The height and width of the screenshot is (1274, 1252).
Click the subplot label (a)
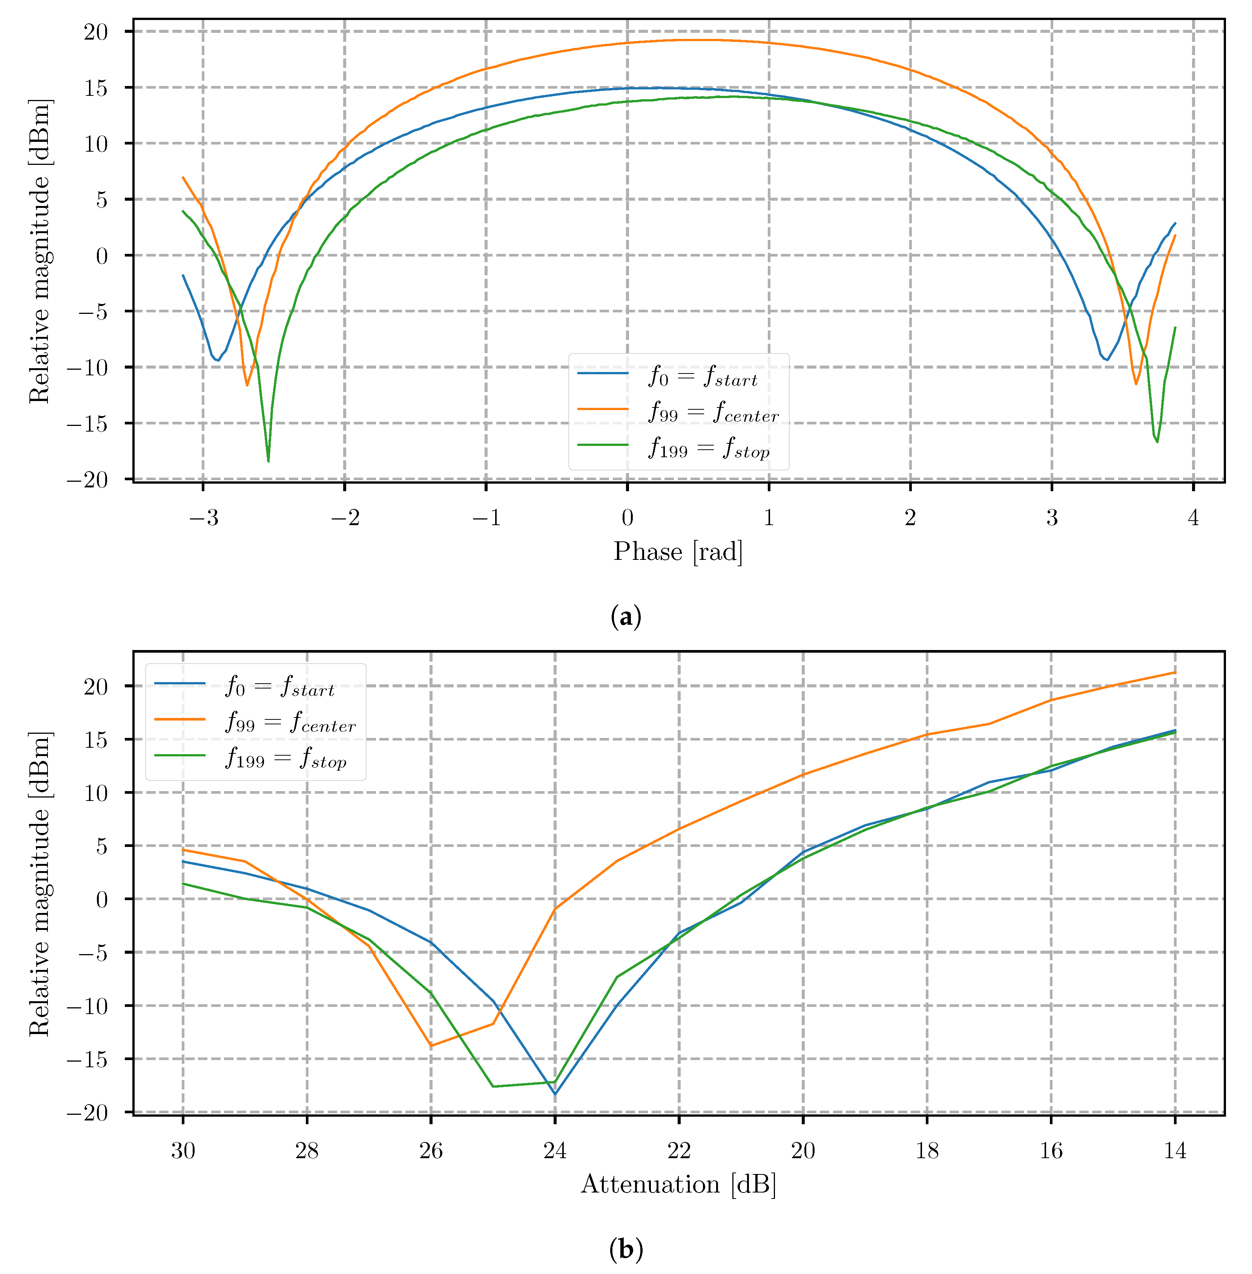[x=625, y=617]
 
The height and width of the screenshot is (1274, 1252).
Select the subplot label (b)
[x=625, y=1248]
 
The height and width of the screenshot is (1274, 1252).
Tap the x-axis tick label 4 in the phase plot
[x=1193, y=518]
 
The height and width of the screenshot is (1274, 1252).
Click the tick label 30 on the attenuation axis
[x=183, y=1150]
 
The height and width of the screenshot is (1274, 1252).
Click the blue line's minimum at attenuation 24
[x=555, y=1094]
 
